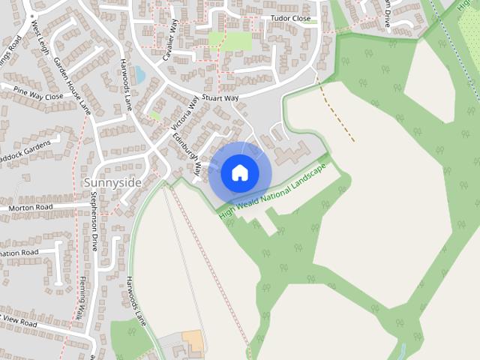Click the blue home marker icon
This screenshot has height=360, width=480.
click(239, 173)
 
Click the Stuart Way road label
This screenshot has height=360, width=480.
click(220, 97)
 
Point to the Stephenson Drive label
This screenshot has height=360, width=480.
click(94, 221)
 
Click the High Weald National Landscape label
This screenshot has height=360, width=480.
click(273, 190)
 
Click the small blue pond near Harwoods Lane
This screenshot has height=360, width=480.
click(139, 74)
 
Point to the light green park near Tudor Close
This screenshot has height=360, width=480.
click(230, 40)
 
